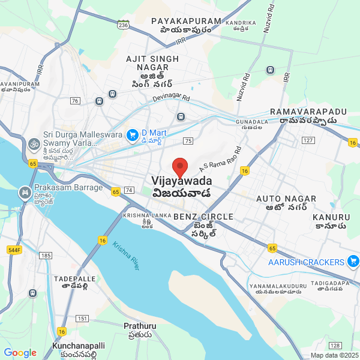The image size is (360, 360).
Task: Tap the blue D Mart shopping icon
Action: (133, 136)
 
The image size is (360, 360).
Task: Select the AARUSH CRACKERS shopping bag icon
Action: (353, 261)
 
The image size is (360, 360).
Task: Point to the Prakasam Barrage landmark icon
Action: (25, 193)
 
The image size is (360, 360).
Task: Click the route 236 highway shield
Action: (123, 25)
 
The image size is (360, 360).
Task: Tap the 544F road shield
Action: (14, 250)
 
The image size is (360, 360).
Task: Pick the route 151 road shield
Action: (82, 318)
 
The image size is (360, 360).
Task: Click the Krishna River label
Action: (126, 255)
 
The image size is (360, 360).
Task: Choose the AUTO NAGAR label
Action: (281, 199)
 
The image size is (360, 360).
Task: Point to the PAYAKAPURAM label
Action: (186, 21)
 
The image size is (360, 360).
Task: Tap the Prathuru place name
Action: (140, 326)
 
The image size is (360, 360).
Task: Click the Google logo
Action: (20, 353)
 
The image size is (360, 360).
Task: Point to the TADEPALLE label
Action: (74, 279)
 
